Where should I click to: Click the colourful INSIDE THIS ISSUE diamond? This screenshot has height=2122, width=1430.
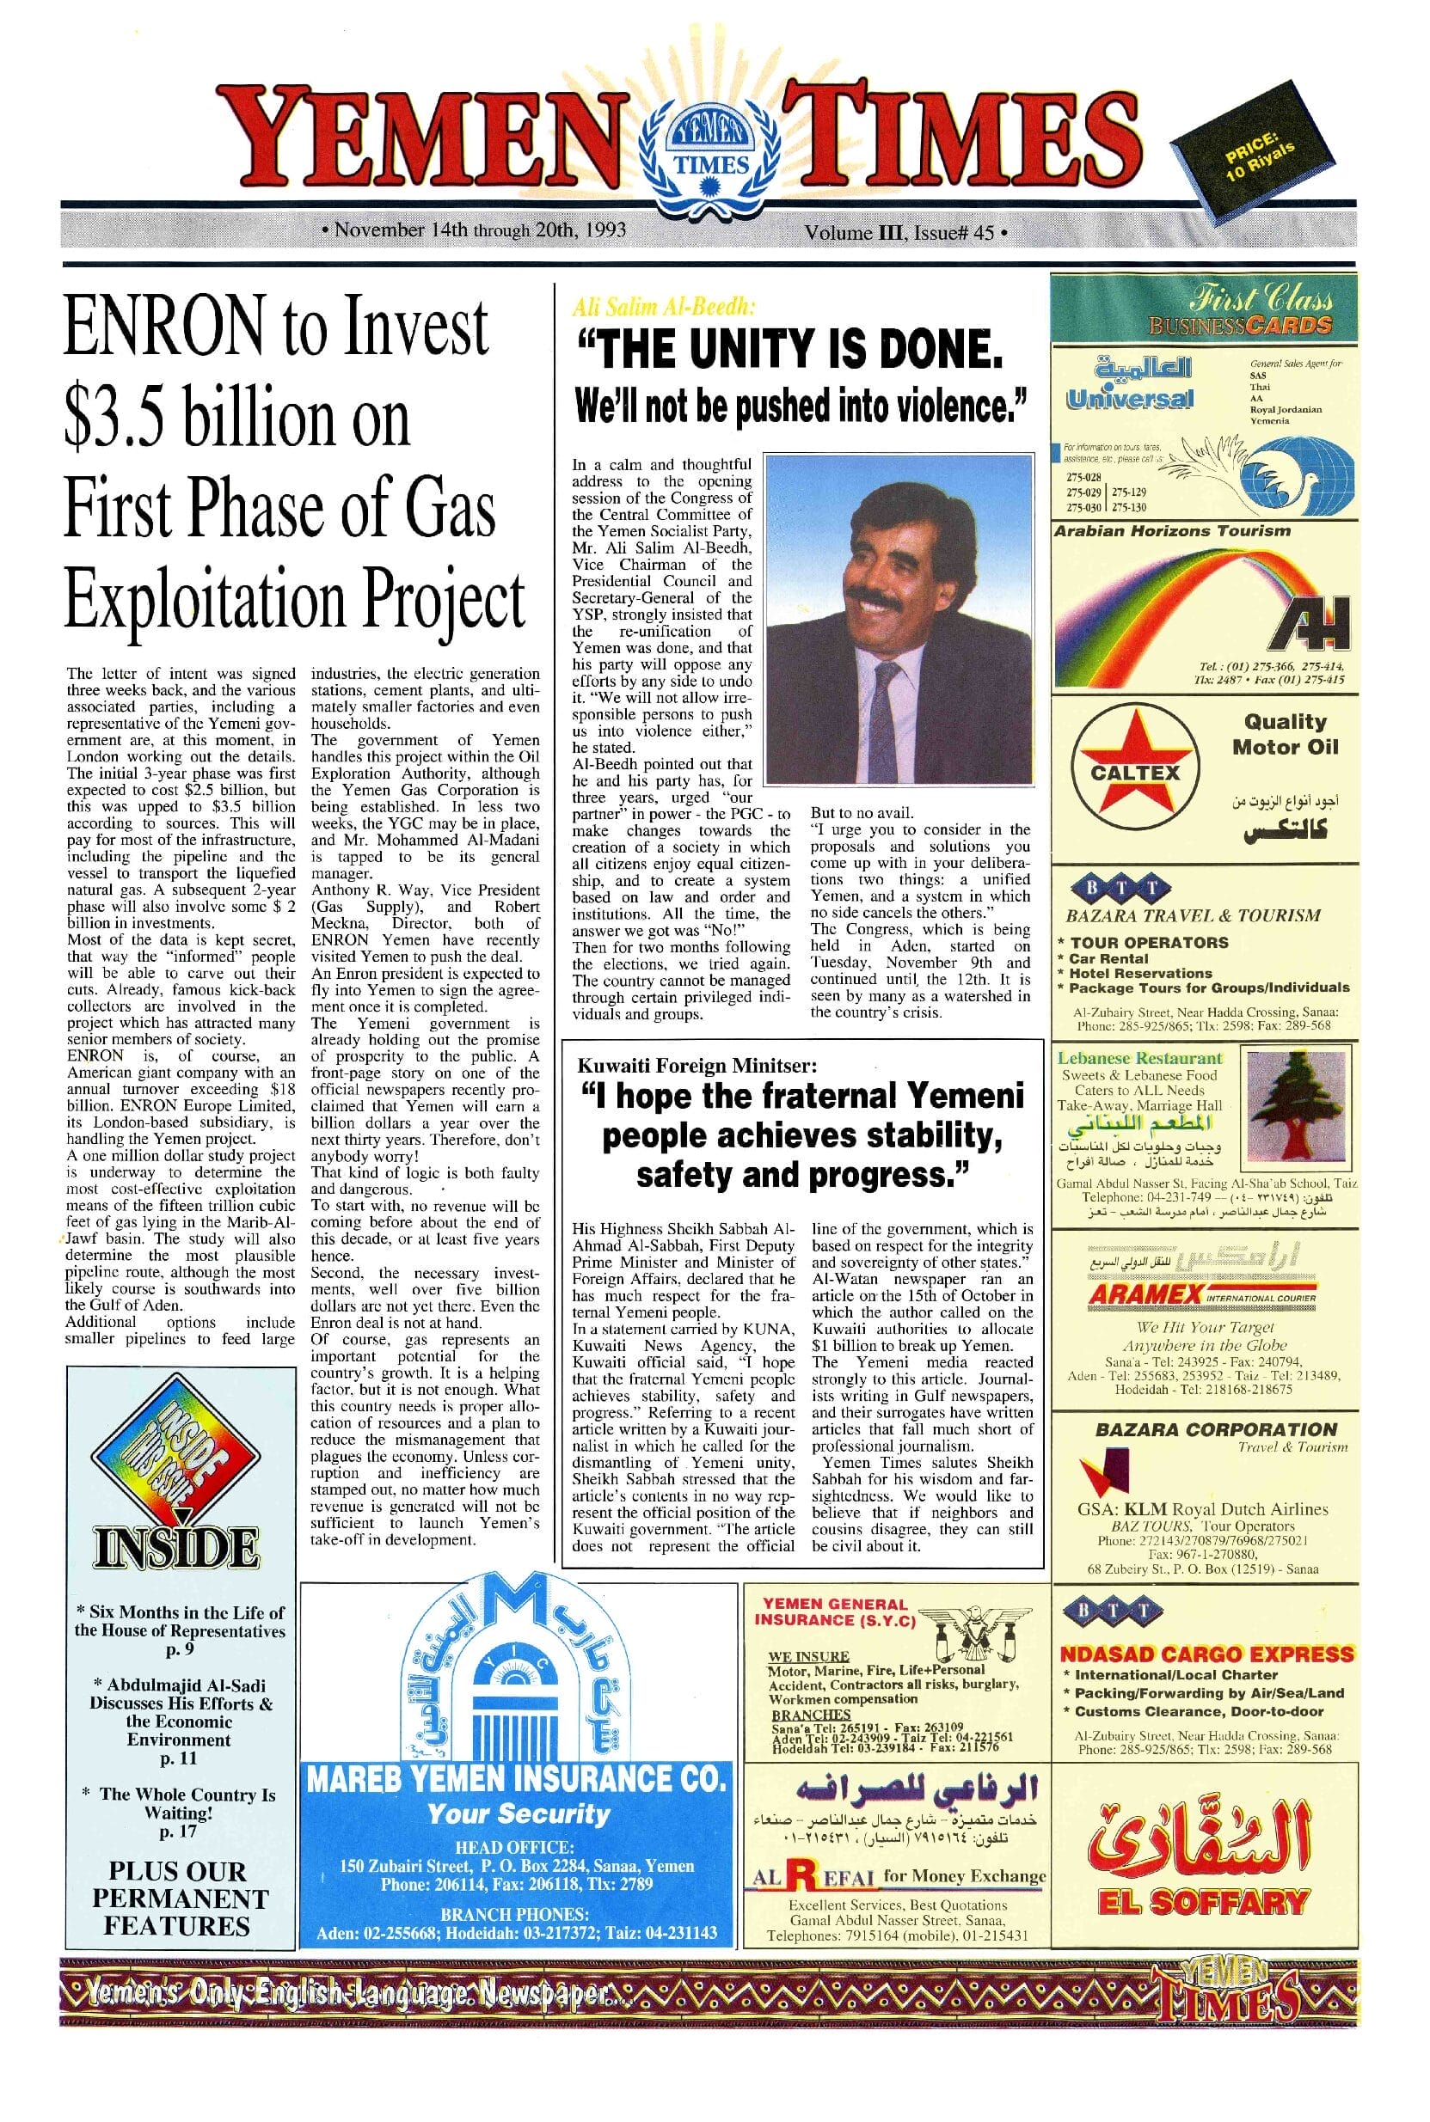[x=174, y=1455]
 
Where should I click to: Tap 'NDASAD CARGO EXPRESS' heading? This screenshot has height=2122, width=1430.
[x=1206, y=1654]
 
